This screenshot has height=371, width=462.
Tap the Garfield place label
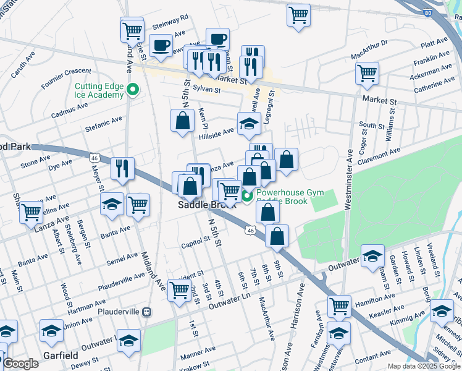pyautogui.click(x=61, y=356)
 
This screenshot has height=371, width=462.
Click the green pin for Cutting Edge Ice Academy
pyautogui.click(x=132, y=91)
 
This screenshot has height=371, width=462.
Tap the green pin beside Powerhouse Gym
pyautogui.click(x=247, y=197)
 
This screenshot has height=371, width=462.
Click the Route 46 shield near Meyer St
pyautogui.click(x=94, y=158)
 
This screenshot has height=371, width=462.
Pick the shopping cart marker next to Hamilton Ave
pyautogui.click(x=339, y=305)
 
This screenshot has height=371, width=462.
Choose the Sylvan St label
pyautogui.click(x=206, y=90)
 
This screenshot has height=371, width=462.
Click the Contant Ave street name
pyautogui.click(x=373, y=354)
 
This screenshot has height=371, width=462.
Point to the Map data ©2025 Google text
pyautogui.click(x=423, y=366)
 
